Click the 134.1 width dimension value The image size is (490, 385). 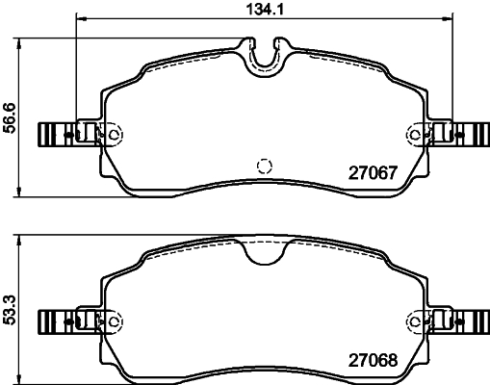pyautogui.click(x=265, y=10)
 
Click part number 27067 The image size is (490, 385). pyautogui.click(x=373, y=173)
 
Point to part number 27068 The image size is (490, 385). pyautogui.click(x=373, y=360)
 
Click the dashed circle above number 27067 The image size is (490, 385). pyautogui.click(x=265, y=167)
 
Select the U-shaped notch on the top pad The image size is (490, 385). pyautogui.click(x=265, y=57)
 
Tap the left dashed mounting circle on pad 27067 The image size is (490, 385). pyautogui.click(x=114, y=135)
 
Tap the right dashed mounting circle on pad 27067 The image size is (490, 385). pyautogui.click(x=416, y=135)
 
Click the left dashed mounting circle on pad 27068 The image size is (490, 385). pyautogui.click(x=114, y=321)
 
